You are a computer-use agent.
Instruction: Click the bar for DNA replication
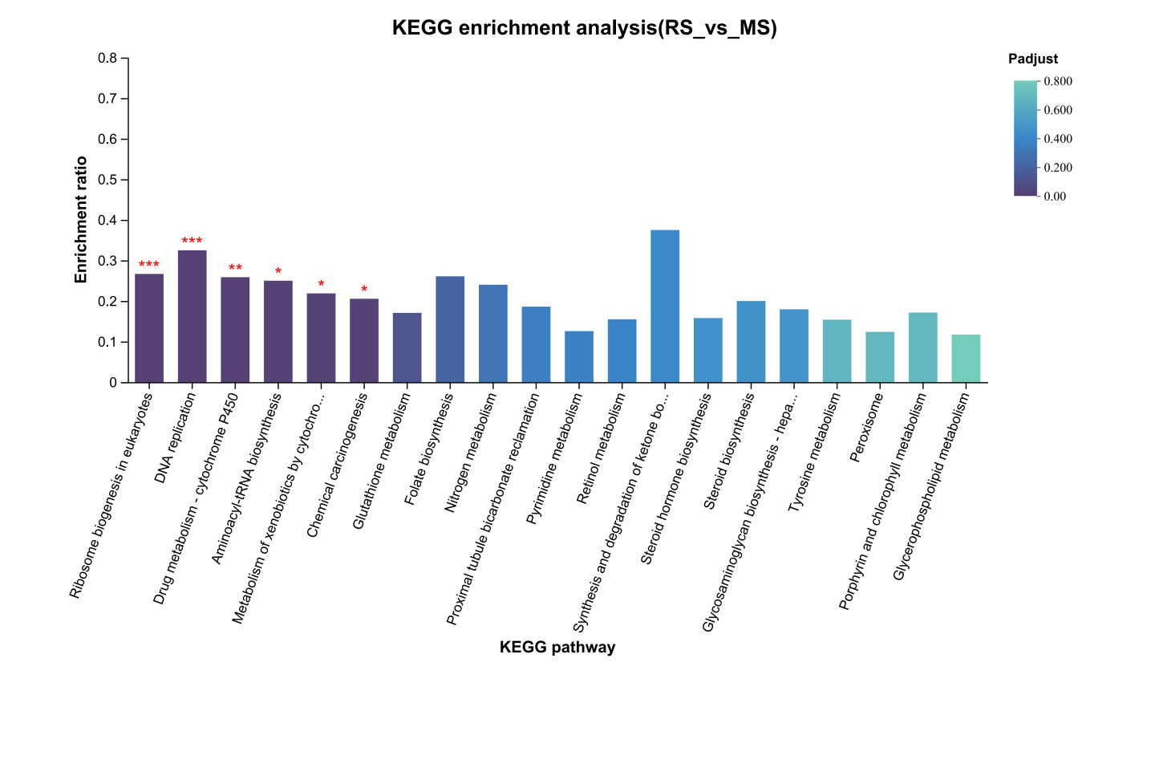192,316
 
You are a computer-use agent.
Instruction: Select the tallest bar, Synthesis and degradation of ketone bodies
665,306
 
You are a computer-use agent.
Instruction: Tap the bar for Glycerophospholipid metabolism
966,359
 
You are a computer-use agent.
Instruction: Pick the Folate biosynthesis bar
450,329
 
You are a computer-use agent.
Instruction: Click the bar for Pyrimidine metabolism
579,356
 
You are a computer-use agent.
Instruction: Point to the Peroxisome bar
880,357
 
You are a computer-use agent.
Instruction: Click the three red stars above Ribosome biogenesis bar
149,265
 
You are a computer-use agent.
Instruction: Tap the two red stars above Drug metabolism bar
235,268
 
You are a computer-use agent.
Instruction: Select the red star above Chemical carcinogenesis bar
364,290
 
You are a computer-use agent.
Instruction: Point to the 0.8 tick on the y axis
108,59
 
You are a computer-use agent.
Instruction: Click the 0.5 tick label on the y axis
108,180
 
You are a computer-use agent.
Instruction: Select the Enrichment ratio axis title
81,220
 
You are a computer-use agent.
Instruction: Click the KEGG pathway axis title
557,648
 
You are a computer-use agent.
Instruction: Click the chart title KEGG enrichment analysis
584,28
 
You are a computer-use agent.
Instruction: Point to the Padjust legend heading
1032,59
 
